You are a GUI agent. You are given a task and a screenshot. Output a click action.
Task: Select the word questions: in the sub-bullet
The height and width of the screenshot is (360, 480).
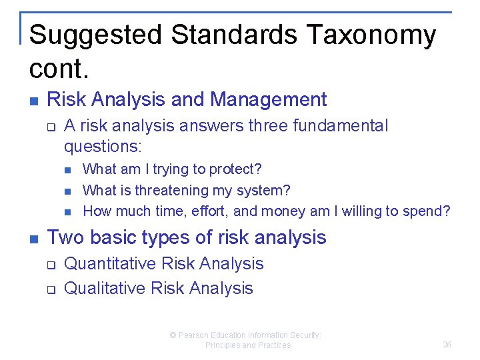point(104,145)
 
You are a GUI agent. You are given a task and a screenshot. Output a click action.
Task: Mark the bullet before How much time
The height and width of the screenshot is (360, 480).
point(68,212)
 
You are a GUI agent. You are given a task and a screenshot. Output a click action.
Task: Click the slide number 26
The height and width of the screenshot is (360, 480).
point(447,345)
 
